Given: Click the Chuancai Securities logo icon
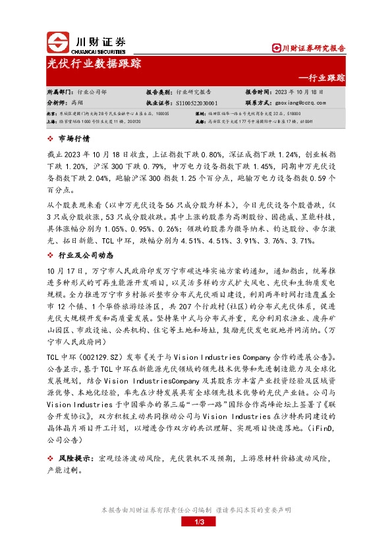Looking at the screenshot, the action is [x=58, y=42].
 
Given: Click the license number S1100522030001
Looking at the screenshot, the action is [x=198, y=103].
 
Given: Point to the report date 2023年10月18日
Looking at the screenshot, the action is [x=296, y=93].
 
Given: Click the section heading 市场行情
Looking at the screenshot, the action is [x=73, y=139].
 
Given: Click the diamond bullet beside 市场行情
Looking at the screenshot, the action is [x=51, y=139].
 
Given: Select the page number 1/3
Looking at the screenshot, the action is [x=196, y=522].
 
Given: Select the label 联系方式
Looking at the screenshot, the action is [x=259, y=103].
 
